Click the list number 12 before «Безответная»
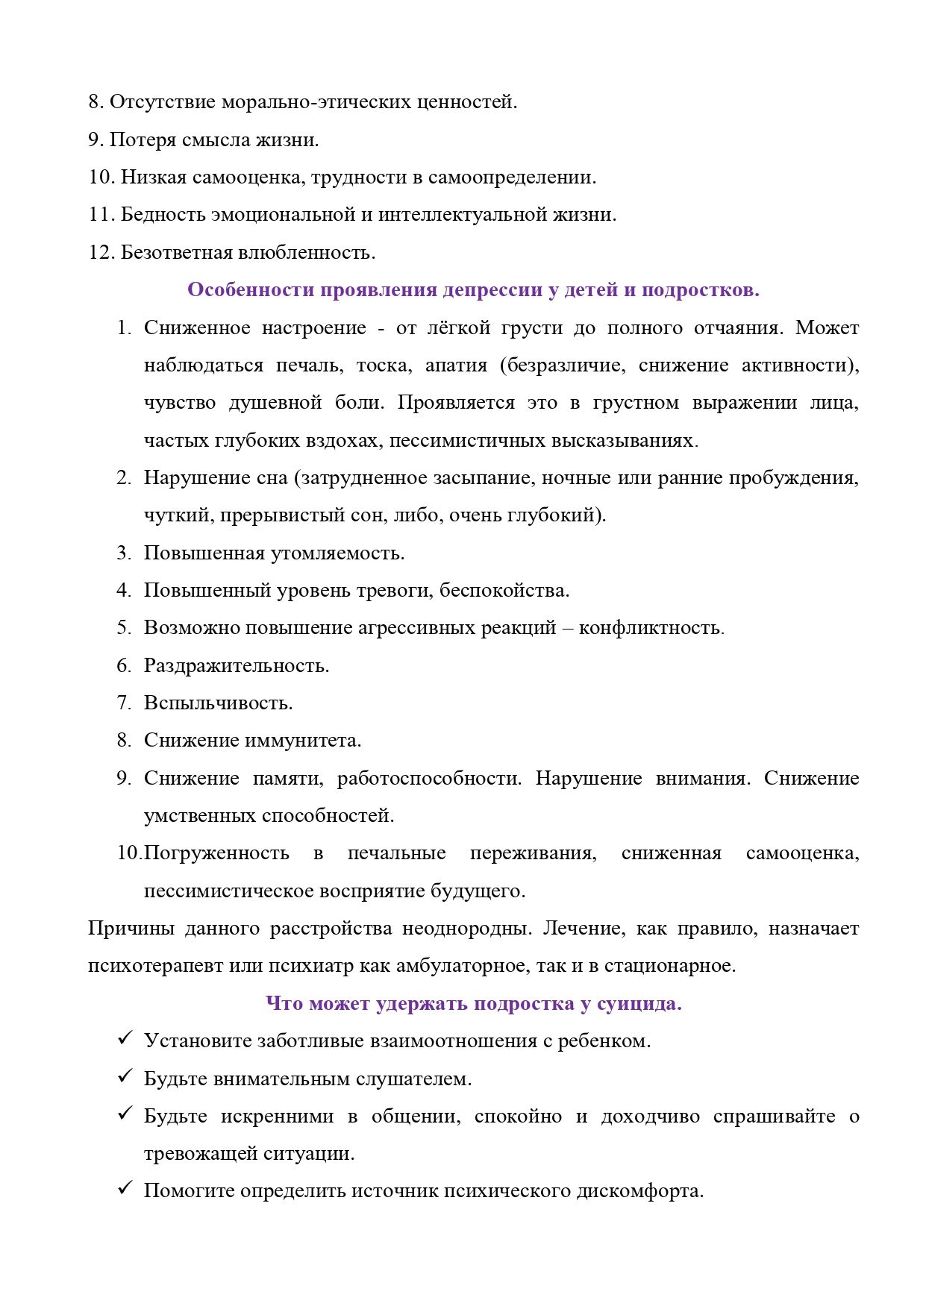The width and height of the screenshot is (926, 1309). pyautogui.click(x=100, y=253)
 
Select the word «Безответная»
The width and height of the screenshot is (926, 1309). pyautogui.click(x=177, y=253)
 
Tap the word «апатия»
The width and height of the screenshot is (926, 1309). pyautogui.click(x=456, y=365)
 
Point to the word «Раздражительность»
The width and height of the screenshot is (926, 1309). pyautogui.click(x=236, y=665)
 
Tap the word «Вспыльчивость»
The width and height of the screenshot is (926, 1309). pyautogui.click(x=218, y=703)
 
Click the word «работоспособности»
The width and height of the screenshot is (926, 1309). pyautogui.click(x=429, y=779)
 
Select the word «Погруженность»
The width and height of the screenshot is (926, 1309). pyautogui.click(x=216, y=853)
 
